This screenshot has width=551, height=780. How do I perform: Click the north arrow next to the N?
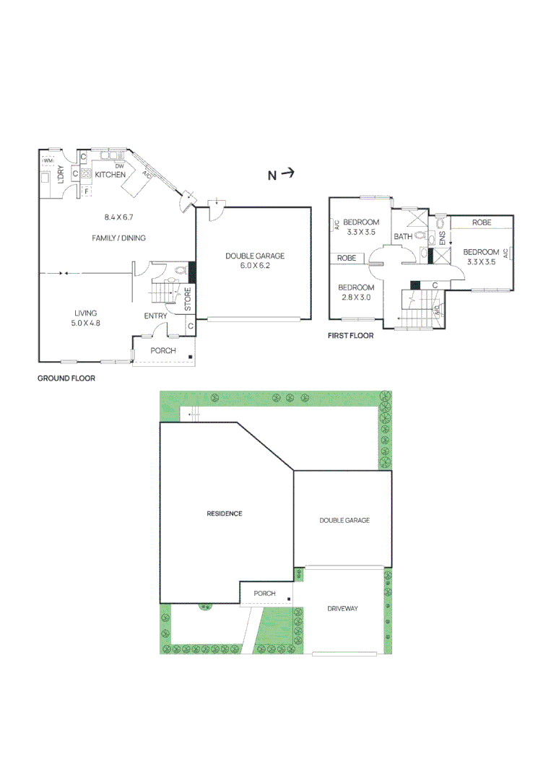[x=288, y=173]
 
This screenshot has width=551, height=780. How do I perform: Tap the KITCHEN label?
[x=110, y=175]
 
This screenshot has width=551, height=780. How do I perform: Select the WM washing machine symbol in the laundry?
[x=48, y=160]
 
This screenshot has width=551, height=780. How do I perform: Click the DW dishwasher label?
[x=119, y=166]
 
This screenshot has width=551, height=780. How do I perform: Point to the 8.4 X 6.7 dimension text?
[x=119, y=217]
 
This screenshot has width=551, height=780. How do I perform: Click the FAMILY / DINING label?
[x=119, y=238]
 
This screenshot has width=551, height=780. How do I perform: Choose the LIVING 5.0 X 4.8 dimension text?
[x=85, y=323]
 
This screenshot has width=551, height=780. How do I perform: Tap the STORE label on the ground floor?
[x=188, y=299]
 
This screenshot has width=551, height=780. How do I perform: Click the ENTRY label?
[x=156, y=316]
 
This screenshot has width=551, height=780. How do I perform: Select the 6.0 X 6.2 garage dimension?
[x=255, y=266]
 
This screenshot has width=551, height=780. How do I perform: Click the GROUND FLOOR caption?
[x=66, y=378]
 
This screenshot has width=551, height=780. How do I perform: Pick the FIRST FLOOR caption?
[x=350, y=336]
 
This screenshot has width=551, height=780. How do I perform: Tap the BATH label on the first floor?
[x=403, y=237]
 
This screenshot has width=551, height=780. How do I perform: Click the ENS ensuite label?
[x=442, y=238]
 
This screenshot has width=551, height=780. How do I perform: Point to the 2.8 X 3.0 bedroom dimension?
[x=356, y=298]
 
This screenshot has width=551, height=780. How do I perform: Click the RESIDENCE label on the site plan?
[x=225, y=513]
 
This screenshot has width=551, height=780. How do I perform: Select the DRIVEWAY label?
[x=342, y=608]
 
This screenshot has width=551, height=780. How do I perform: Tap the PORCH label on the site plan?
[x=264, y=594]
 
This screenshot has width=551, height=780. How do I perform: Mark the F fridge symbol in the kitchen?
[x=86, y=191]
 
